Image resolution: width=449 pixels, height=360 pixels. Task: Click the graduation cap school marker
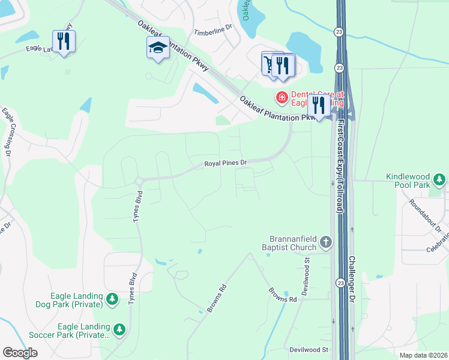click(x=158, y=47)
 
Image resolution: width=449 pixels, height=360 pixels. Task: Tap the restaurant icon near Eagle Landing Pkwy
click(x=64, y=41)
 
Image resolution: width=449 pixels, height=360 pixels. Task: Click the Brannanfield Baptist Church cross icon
click(x=325, y=242)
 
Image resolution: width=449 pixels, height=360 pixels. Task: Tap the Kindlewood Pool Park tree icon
click(x=440, y=179)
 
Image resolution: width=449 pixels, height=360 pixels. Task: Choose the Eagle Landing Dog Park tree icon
click(x=112, y=299)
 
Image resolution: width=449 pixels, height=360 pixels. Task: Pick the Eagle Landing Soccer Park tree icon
click(x=119, y=329)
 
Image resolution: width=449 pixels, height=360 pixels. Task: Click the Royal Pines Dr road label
click(x=226, y=163)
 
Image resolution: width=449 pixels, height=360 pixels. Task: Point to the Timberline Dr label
click(x=213, y=29)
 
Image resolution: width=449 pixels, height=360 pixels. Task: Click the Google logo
click(x=20, y=353)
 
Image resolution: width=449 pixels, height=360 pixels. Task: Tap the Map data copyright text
click(x=423, y=355)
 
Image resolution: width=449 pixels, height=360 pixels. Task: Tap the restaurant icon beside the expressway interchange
click(x=319, y=106)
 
